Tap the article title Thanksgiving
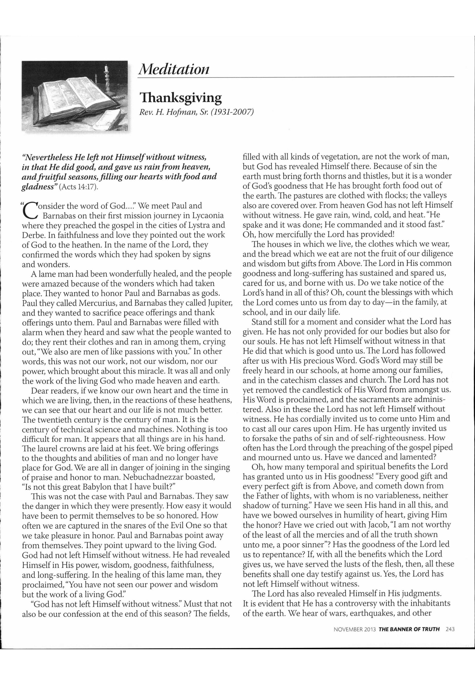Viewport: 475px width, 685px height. pyautogui.click(x=181, y=98)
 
